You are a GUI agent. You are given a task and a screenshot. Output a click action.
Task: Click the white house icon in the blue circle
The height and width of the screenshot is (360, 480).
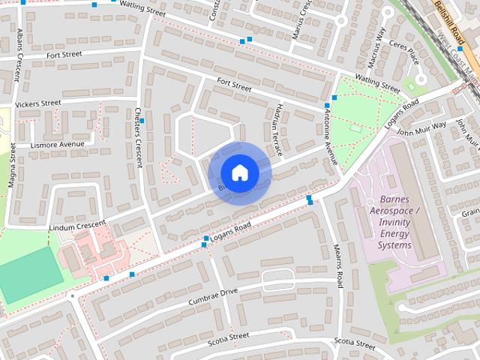click(x=239, y=173)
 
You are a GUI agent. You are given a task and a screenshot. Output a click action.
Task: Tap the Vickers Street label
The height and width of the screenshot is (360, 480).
click(x=37, y=103)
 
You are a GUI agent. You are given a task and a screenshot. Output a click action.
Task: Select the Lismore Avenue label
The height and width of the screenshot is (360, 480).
click(x=58, y=145)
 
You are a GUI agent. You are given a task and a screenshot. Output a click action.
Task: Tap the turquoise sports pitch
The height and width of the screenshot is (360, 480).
click(x=30, y=274)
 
